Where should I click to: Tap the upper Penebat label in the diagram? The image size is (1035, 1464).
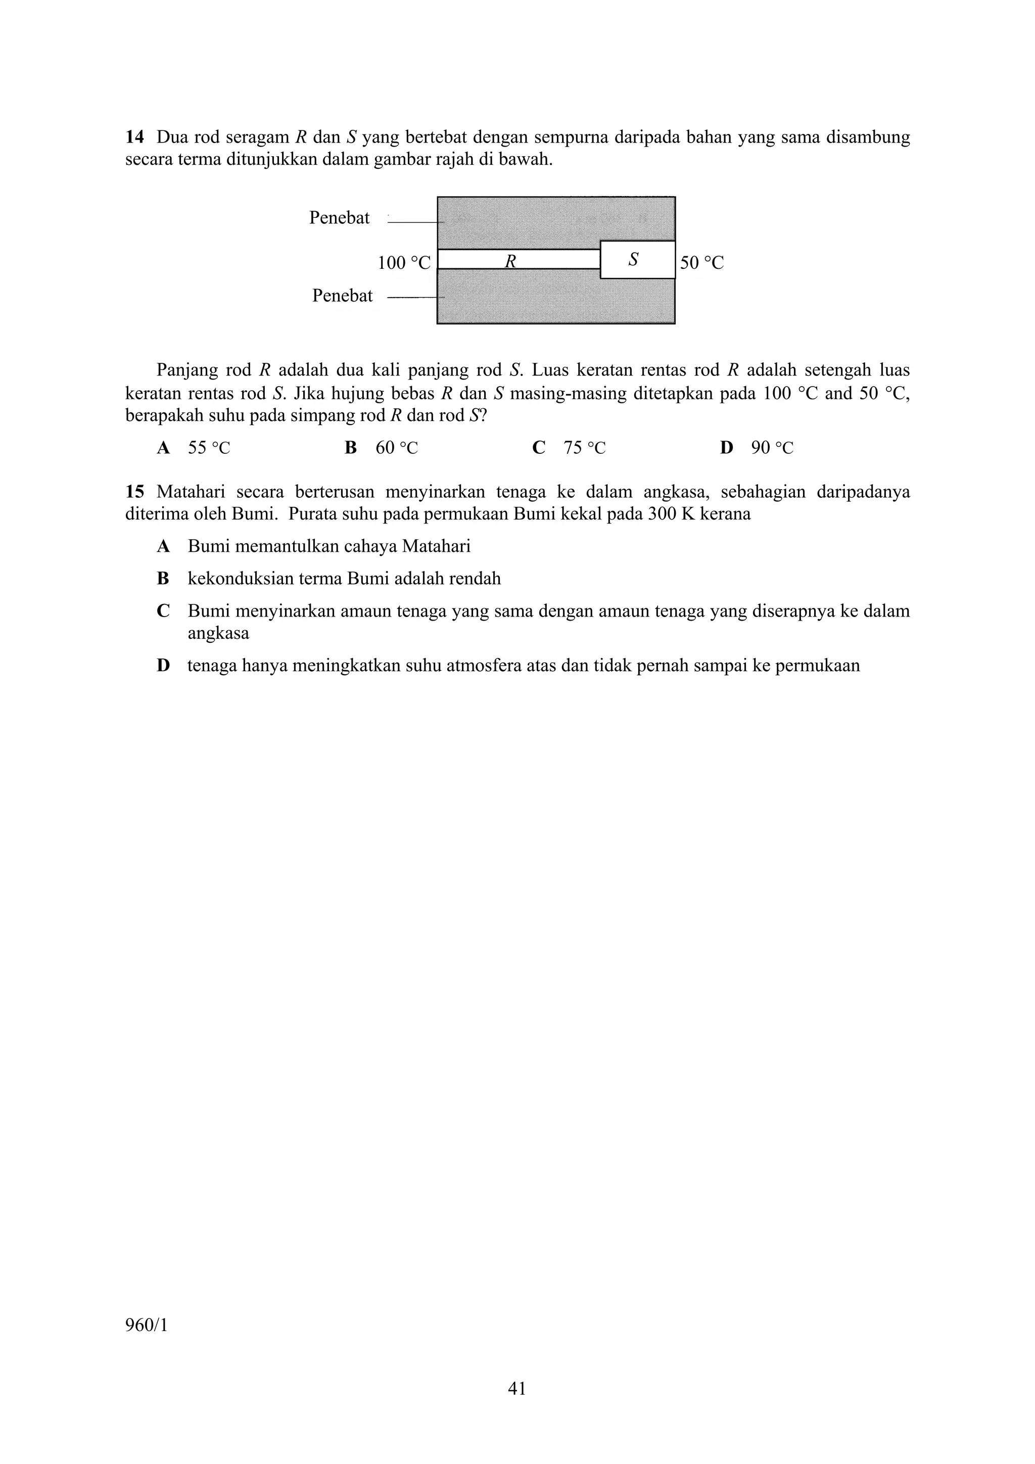339,218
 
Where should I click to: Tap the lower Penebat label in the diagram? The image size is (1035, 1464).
343,296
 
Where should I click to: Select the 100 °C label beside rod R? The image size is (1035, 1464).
404,263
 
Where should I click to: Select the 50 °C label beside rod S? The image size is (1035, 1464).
701,263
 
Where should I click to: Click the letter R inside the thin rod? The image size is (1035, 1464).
510,260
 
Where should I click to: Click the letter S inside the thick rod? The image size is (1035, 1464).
633,259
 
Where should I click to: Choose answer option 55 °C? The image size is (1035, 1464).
209,448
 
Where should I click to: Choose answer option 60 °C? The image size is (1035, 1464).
396,448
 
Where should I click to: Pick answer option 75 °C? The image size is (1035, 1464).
584,448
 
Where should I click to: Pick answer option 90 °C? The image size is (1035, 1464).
772,448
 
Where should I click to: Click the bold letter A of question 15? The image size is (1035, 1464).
163,546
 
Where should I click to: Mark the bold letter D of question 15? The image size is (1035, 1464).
163,666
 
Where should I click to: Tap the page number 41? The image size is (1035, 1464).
516,1388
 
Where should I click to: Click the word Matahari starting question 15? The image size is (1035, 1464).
191,492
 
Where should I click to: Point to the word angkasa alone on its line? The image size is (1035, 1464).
218,633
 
